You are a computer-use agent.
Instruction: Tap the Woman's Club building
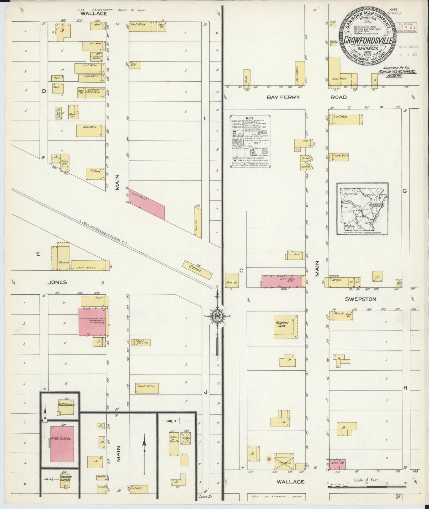(285, 326)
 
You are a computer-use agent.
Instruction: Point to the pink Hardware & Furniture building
(92, 322)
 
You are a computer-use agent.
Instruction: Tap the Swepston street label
(360, 299)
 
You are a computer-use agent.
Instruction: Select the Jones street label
(57, 282)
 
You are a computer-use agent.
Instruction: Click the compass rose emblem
(217, 317)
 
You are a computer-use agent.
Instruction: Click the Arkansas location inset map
(362, 209)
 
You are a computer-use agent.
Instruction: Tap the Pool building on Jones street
(94, 301)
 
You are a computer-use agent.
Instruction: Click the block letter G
(404, 191)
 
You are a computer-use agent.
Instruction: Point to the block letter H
(405, 388)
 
